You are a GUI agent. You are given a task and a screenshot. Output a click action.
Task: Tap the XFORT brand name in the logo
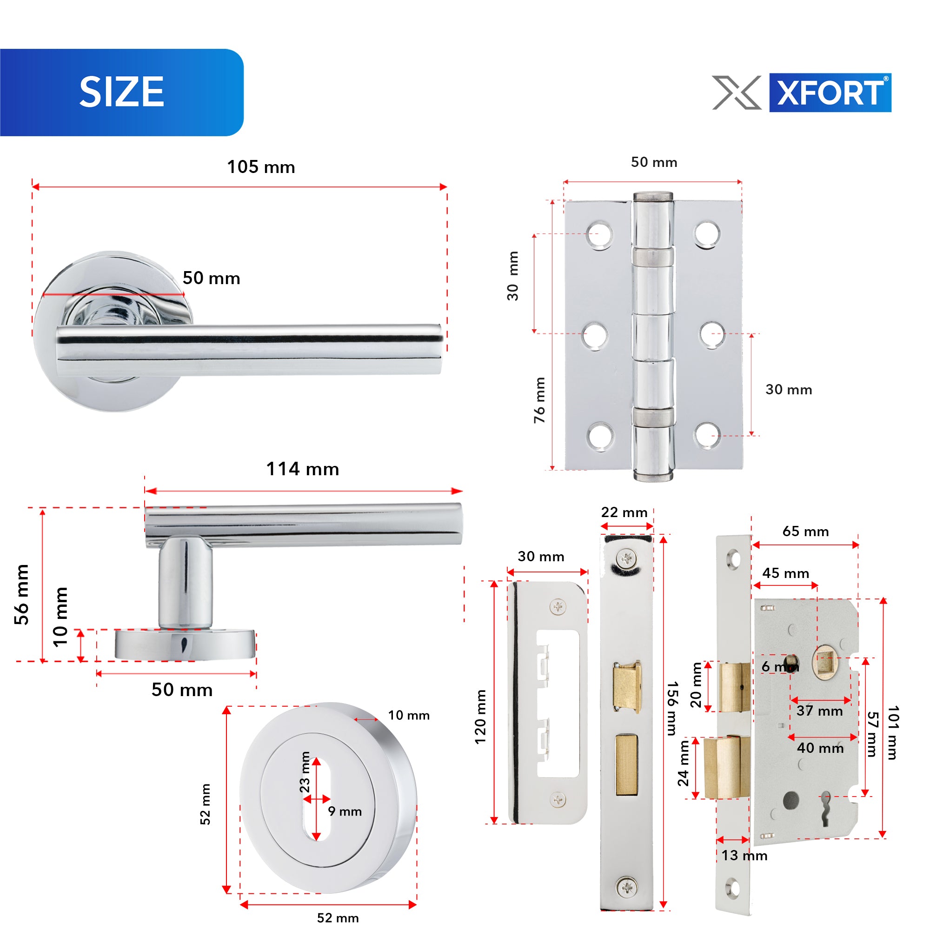point(830,93)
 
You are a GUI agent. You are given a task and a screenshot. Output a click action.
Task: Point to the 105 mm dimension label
point(261,167)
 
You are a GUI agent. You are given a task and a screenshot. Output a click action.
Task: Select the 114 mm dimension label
point(302,469)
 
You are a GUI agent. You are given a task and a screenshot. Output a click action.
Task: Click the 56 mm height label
point(22,594)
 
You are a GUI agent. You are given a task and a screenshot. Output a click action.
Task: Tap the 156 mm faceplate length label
point(672,708)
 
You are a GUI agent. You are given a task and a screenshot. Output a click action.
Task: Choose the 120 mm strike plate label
point(480,717)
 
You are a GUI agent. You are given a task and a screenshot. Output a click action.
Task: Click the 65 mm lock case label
point(806,531)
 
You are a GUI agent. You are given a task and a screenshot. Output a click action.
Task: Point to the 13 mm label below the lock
point(744,856)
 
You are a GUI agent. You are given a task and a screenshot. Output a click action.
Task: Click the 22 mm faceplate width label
point(624,512)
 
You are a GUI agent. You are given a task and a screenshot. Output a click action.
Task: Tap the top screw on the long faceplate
point(627,559)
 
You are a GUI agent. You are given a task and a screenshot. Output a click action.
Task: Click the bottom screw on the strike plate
point(558,800)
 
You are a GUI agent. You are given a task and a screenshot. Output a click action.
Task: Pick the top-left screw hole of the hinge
point(600,235)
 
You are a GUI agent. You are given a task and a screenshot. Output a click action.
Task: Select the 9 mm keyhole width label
point(345,811)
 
